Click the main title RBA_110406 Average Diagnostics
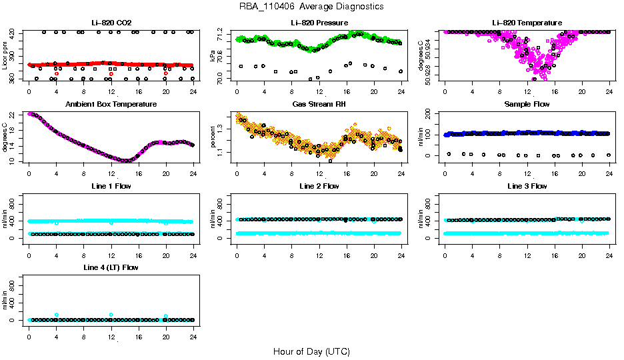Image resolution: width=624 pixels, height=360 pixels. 311,6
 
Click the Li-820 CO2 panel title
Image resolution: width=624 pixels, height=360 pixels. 111,23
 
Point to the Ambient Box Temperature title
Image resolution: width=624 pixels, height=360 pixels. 111,105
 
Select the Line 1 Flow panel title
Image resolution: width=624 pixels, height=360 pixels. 111,186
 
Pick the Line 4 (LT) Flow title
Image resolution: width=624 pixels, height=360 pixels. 111,267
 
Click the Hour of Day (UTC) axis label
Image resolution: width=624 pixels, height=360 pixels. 311,351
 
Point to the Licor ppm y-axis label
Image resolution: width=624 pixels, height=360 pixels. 5,56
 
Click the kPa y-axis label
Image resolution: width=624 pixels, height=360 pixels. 213,56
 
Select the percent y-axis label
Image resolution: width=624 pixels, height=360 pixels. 213,138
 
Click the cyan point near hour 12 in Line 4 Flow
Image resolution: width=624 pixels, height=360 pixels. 111,315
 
